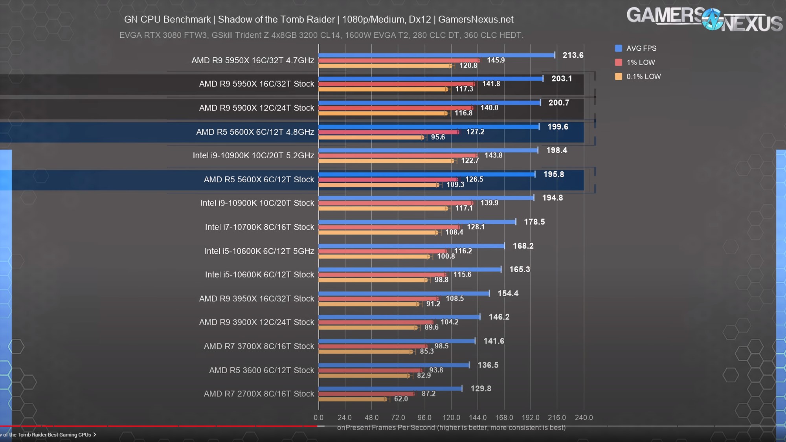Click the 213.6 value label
pyautogui.click(x=573, y=55)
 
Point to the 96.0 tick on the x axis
pyautogui.click(x=424, y=418)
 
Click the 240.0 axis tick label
pyautogui.click(x=584, y=418)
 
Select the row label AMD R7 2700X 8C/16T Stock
pyautogui.click(x=259, y=394)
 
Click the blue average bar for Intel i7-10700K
pyautogui.click(x=417, y=222)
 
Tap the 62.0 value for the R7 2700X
pyautogui.click(x=401, y=399)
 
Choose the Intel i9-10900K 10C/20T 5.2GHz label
pyautogui.click(x=253, y=156)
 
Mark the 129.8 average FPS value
pyautogui.click(x=481, y=389)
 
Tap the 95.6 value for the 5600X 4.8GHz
pyautogui.click(x=438, y=137)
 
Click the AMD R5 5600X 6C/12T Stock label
pyautogui.click(x=259, y=180)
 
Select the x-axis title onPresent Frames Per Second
pyautogui.click(x=451, y=427)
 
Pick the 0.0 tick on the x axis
pyautogui.click(x=319, y=418)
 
